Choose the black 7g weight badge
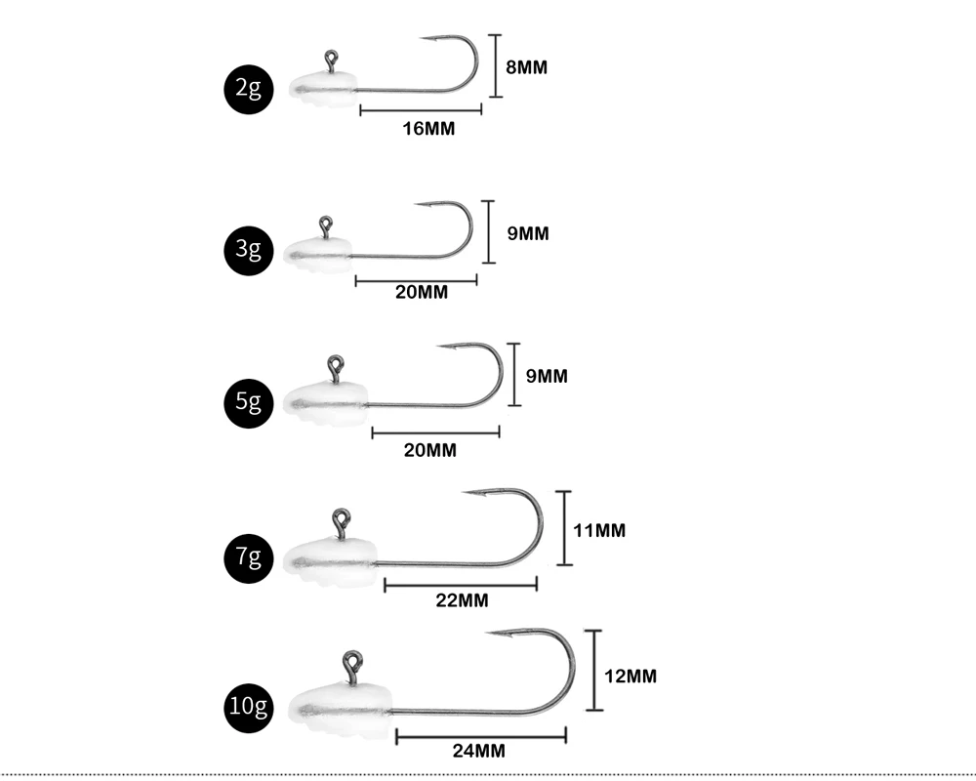pos(248,557)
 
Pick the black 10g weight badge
pos(248,704)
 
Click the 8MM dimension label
pos(527,67)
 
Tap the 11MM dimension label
pos(599,530)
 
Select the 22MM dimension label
pos(462,600)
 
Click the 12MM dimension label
pos(630,676)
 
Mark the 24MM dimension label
pos(479,751)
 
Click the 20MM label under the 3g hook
pos(422,293)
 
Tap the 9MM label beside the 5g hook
pos(547,376)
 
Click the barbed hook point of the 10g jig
pos(493,634)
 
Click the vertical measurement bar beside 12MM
pos(593,671)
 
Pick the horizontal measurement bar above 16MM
pos(421,109)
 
